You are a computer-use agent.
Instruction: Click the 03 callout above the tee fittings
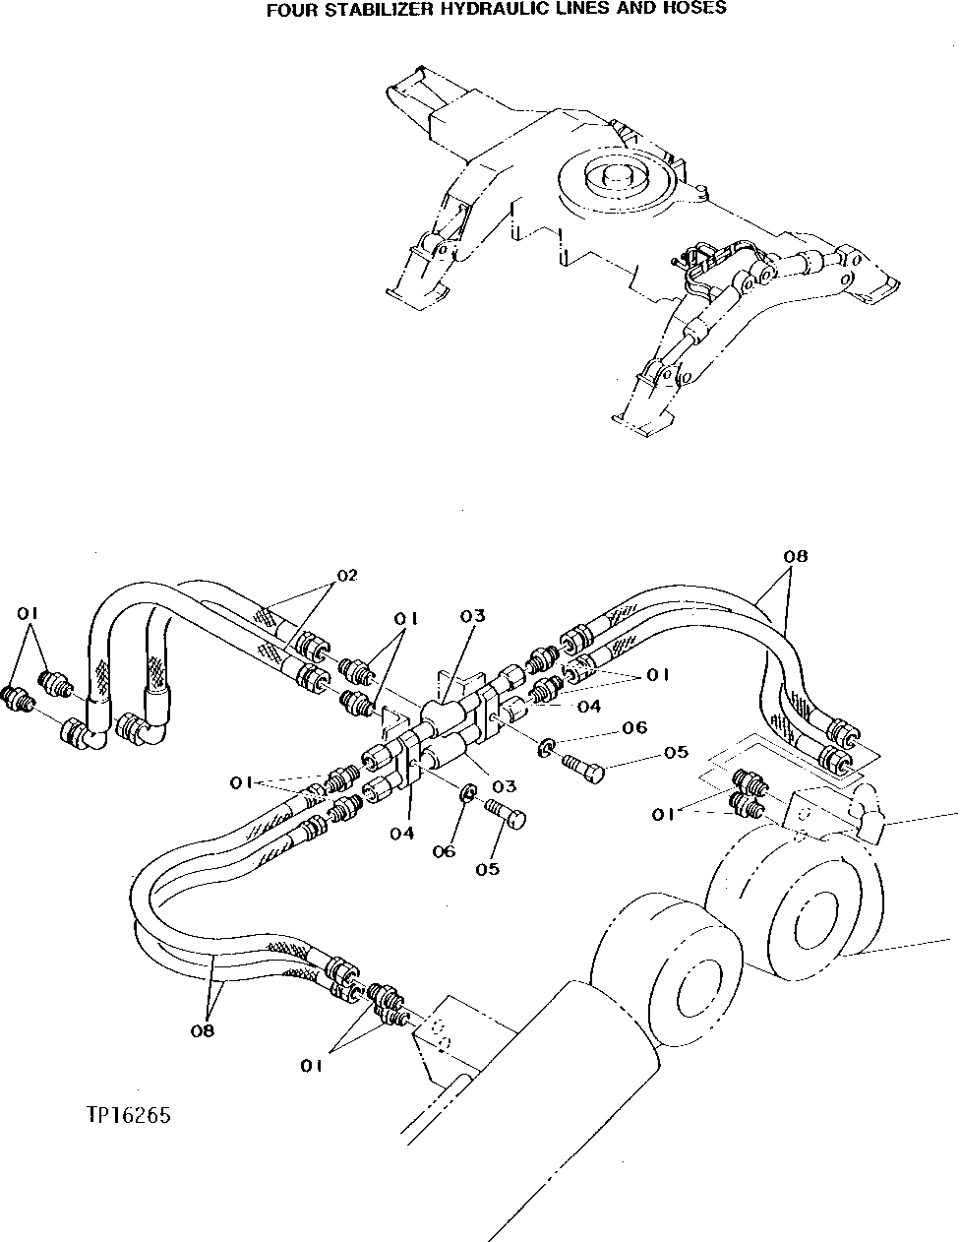point(473,616)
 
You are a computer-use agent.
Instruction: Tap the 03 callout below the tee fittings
point(504,786)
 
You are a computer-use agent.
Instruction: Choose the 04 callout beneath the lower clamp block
point(400,833)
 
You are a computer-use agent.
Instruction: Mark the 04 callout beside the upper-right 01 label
point(589,706)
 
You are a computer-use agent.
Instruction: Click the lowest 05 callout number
point(487,869)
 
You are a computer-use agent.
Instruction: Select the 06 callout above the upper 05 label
point(634,728)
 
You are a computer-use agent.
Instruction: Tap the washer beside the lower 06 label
point(470,792)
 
